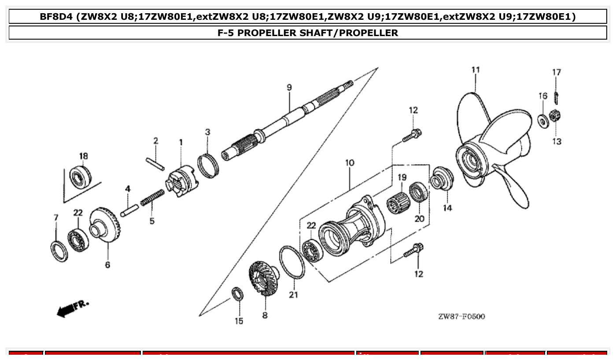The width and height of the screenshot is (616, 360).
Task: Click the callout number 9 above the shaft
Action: click(289, 88)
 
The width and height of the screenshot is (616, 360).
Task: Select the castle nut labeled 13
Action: click(555, 117)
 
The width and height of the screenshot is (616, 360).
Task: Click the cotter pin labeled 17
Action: click(557, 94)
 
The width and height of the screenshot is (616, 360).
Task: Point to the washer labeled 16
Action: click(543, 121)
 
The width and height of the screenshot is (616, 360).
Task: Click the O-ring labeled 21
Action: click(292, 262)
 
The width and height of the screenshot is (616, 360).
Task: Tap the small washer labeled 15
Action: click(237, 294)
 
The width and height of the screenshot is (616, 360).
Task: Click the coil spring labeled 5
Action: click(152, 198)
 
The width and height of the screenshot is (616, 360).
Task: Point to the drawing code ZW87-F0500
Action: click(461, 316)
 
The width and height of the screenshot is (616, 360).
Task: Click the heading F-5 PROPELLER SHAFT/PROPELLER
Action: click(308, 33)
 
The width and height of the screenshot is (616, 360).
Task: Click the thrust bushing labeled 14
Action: click(441, 178)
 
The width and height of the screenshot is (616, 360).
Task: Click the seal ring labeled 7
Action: click(59, 251)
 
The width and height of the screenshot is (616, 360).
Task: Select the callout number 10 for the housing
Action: click(350, 163)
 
